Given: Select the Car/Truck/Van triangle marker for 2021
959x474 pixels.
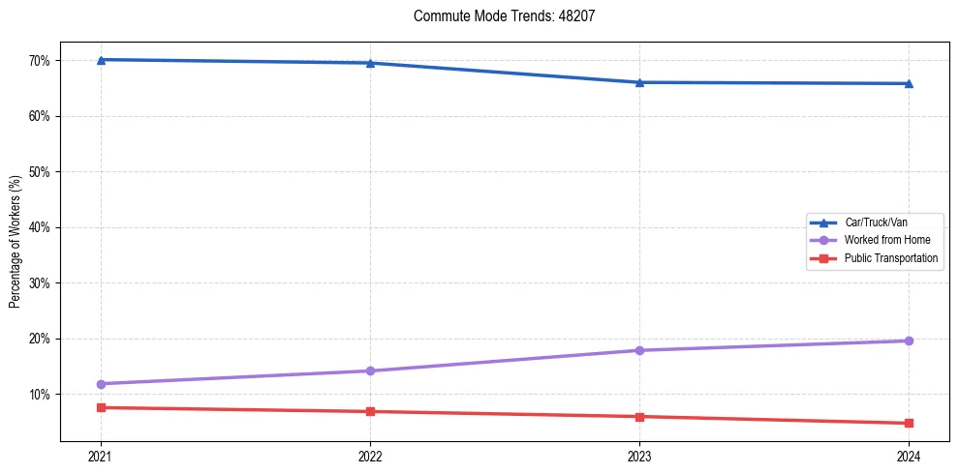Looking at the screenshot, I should point(101,60).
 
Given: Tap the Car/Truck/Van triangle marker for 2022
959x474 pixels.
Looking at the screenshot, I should point(370,63).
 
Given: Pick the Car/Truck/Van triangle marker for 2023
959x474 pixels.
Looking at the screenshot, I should point(639,82).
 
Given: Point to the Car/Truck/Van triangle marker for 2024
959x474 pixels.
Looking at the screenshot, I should point(909,83).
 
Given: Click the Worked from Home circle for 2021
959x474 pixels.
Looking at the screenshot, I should point(101,384).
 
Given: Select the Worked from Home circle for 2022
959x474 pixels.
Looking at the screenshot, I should point(370,370).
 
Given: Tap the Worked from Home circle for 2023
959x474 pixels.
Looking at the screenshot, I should point(639,350).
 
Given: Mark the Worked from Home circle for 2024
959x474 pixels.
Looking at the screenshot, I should point(909,341).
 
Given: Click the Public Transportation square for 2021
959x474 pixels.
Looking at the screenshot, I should point(101,407).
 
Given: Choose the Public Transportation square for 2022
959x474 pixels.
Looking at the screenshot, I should point(370,411).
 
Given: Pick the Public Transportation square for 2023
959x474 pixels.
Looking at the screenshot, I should point(639,417).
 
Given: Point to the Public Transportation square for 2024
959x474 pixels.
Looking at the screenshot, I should point(909,423).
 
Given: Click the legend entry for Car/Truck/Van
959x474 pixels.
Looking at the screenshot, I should point(876,222).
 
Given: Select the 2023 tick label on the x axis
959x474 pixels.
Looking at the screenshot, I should point(639,455).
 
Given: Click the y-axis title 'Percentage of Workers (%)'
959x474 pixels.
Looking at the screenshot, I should point(15,242).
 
